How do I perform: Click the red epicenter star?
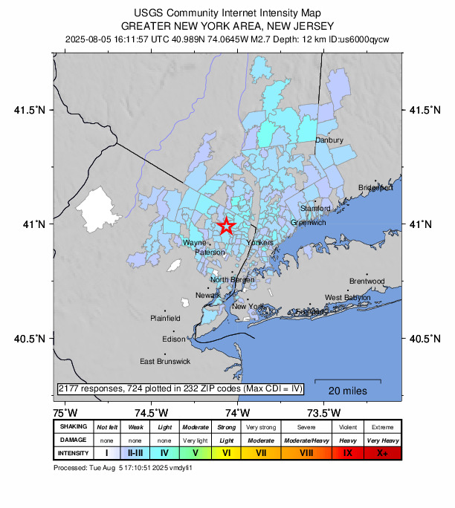tap(227, 227)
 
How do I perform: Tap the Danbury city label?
tap(329, 140)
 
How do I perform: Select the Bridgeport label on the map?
tap(375, 188)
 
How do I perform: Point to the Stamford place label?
tap(315, 209)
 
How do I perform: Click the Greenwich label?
tap(308, 222)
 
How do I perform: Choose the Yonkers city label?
tap(260, 243)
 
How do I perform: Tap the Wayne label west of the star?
tap(195, 243)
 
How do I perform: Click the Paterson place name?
tap(210, 253)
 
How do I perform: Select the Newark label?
tap(208, 296)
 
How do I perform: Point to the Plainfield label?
tap(165, 318)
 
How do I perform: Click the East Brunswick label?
tap(165, 362)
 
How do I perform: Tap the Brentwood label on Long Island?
tap(367, 281)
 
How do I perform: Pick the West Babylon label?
tap(347, 297)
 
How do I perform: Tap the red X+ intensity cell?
tap(382, 452)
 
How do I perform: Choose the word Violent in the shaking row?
tap(348, 427)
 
